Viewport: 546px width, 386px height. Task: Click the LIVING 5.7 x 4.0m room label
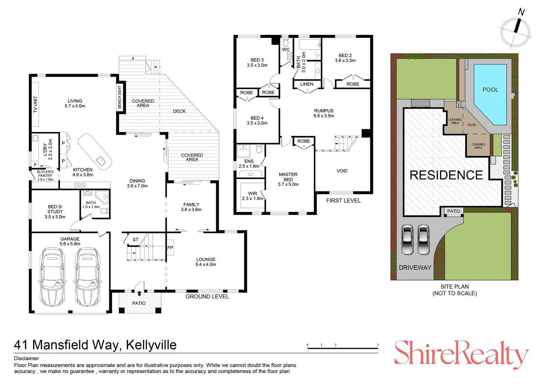click(x=75, y=103)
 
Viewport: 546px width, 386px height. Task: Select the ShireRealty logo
click(x=461, y=354)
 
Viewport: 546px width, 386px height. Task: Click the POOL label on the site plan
click(x=490, y=90)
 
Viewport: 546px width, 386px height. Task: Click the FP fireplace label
click(x=170, y=248)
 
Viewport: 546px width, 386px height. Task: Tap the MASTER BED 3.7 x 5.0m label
click(x=288, y=179)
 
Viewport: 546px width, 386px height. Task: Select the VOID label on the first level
click(x=342, y=171)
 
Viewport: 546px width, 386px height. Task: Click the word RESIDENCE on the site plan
click(x=446, y=175)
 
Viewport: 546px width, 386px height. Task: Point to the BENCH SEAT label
click(x=120, y=97)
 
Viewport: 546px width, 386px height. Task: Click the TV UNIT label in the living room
click(x=35, y=105)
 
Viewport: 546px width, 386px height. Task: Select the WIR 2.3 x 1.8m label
click(x=252, y=196)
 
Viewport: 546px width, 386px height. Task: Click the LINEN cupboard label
click(x=307, y=84)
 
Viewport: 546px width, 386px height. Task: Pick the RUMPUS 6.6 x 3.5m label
click(x=324, y=113)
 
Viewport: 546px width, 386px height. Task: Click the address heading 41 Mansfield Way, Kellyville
click(x=95, y=345)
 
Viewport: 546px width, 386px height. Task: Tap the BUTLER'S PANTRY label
click(x=45, y=175)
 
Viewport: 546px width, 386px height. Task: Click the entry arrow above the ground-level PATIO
click(x=139, y=293)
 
